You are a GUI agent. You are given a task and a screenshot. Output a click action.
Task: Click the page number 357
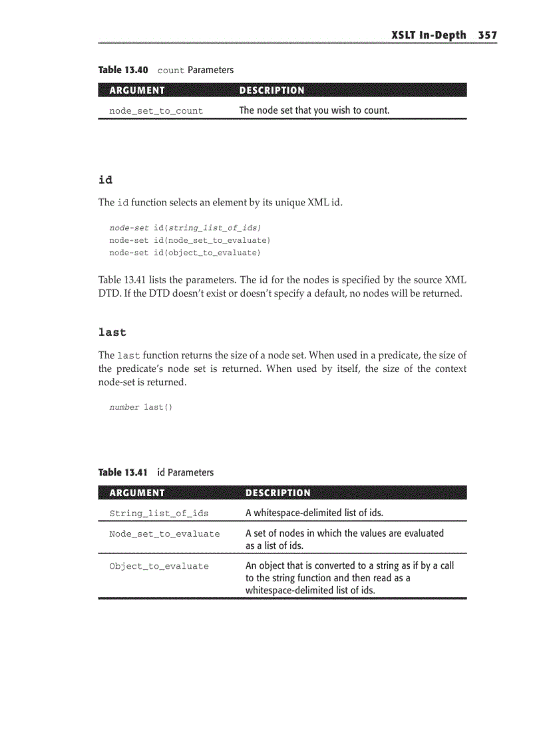pyautogui.click(x=486, y=35)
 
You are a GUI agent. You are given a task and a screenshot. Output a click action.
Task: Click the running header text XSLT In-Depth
pyautogui.click(x=429, y=35)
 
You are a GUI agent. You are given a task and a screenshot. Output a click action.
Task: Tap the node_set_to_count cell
pyautogui.click(x=156, y=111)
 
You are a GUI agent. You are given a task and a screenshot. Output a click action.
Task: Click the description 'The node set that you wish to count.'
pyautogui.click(x=314, y=110)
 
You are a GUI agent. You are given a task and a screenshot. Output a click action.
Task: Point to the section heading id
pyautogui.click(x=105, y=180)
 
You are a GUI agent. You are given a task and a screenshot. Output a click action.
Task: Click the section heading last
pyautogui.click(x=112, y=332)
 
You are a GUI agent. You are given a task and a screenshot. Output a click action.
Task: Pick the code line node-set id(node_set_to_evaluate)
pyautogui.click(x=190, y=240)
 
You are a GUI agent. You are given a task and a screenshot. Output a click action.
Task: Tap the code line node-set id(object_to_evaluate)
pyautogui.click(x=185, y=253)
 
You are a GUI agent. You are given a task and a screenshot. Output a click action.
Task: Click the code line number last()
pyautogui.click(x=140, y=407)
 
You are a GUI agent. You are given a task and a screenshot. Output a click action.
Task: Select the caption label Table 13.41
pyautogui.click(x=123, y=472)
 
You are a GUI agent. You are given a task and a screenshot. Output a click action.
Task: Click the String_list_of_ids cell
pyautogui.click(x=158, y=514)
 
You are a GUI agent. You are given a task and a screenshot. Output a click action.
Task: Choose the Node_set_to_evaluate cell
pyautogui.click(x=164, y=534)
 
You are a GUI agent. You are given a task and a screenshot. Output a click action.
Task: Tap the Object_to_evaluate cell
pyautogui.click(x=158, y=567)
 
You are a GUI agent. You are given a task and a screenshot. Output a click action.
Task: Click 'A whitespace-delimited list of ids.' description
pyautogui.click(x=314, y=513)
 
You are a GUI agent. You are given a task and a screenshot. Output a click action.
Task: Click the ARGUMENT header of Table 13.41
pyautogui.click(x=136, y=493)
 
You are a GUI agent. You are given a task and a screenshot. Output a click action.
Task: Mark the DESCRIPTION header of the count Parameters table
pyautogui.click(x=271, y=90)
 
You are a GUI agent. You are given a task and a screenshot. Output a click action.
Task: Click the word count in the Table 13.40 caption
pyautogui.click(x=170, y=71)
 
